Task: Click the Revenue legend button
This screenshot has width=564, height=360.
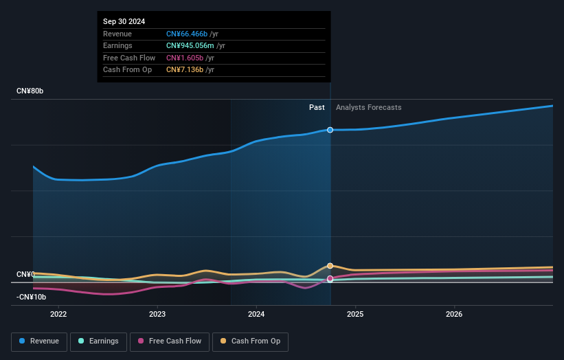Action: pyautogui.click(x=40, y=341)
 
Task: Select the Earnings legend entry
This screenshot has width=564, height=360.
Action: pyautogui.click(x=99, y=341)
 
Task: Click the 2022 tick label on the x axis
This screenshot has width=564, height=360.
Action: pyautogui.click(x=58, y=315)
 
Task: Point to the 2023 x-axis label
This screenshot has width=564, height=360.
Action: pyautogui.click(x=157, y=315)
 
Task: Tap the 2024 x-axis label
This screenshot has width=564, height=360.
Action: pyautogui.click(x=256, y=315)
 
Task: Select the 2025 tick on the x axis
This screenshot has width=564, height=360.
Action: pyautogui.click(x=355, y=315)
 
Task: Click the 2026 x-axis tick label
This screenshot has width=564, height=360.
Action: pyautogui.click(x=454, y=315)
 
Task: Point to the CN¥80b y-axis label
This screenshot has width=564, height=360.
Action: pyautogui.click(x=30, y=91)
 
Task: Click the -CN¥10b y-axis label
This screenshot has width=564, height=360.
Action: pyautogui.click(x=32, y=297)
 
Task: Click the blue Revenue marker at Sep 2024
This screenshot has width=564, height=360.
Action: pyautogui.click(x=330, y=130)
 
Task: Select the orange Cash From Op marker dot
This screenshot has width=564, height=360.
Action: pyautogui.click(x=330, y=266)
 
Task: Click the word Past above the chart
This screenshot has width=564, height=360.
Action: pyautogui.click(x=317, y=107)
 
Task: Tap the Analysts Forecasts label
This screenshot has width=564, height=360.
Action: pyautogui.click(x=368, y=107)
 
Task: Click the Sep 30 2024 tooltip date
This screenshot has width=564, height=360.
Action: pyautogui.click(x=124, y=22)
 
